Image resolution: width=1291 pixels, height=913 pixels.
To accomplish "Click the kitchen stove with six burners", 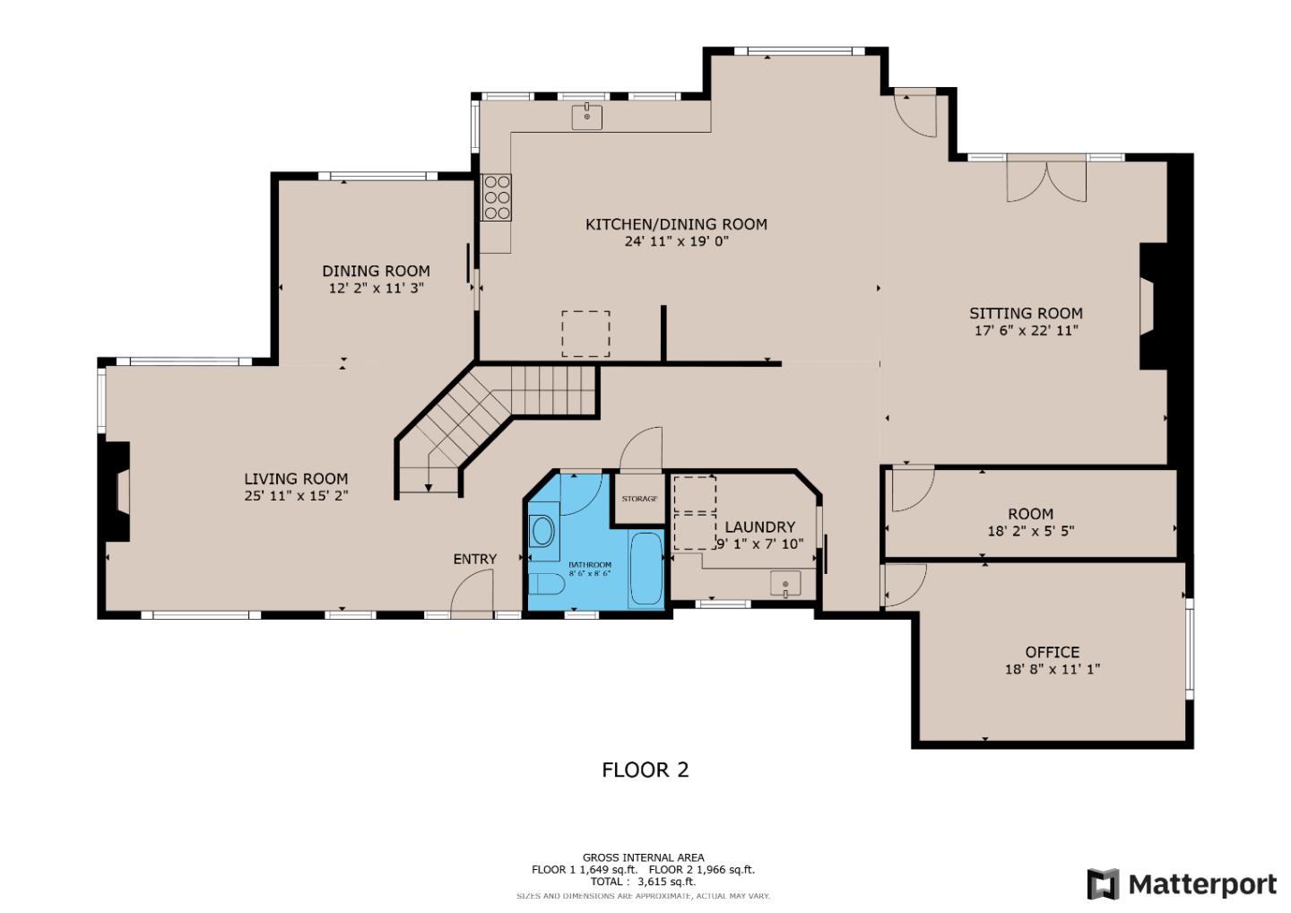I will pyautogui.click(x=496, y=196).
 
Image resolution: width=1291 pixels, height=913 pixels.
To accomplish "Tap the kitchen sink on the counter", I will pyautogui.click(x=587, y=117).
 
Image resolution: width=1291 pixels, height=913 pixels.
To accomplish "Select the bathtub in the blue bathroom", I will pyautogui.click(x=645, y=569).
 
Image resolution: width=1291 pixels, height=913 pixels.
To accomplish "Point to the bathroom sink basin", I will pyautogui.click(x=542, y=531).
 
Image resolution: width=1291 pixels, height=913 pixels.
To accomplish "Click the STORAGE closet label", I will pyautogui.click(x=639, y=499).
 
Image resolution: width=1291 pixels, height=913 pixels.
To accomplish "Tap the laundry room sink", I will pyautogui.click(x=785, y=585).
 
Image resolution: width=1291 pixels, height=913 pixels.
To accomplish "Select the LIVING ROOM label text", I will pyautogui.click(x=296, y=479).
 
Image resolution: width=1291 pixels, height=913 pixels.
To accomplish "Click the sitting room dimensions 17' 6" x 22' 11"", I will pyautogui.click(x=1026, y=330).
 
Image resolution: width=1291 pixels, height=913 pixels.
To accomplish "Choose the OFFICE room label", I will pyautogui.click(x=1053, y=652).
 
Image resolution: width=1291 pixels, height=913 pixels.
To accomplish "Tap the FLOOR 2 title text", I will pyautogui.click(x=645, y=770).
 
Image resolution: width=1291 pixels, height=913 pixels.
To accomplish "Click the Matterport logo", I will pyautogui.click(x=1182, y=884).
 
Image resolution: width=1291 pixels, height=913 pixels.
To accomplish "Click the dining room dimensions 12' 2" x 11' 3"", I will pyautogui.click(x=376, y=288).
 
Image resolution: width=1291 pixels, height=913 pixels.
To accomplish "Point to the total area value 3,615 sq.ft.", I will pyautogui.click(x=666, y=882).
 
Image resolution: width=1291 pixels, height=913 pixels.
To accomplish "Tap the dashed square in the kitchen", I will pyautogui.click(x=585, y=334).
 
